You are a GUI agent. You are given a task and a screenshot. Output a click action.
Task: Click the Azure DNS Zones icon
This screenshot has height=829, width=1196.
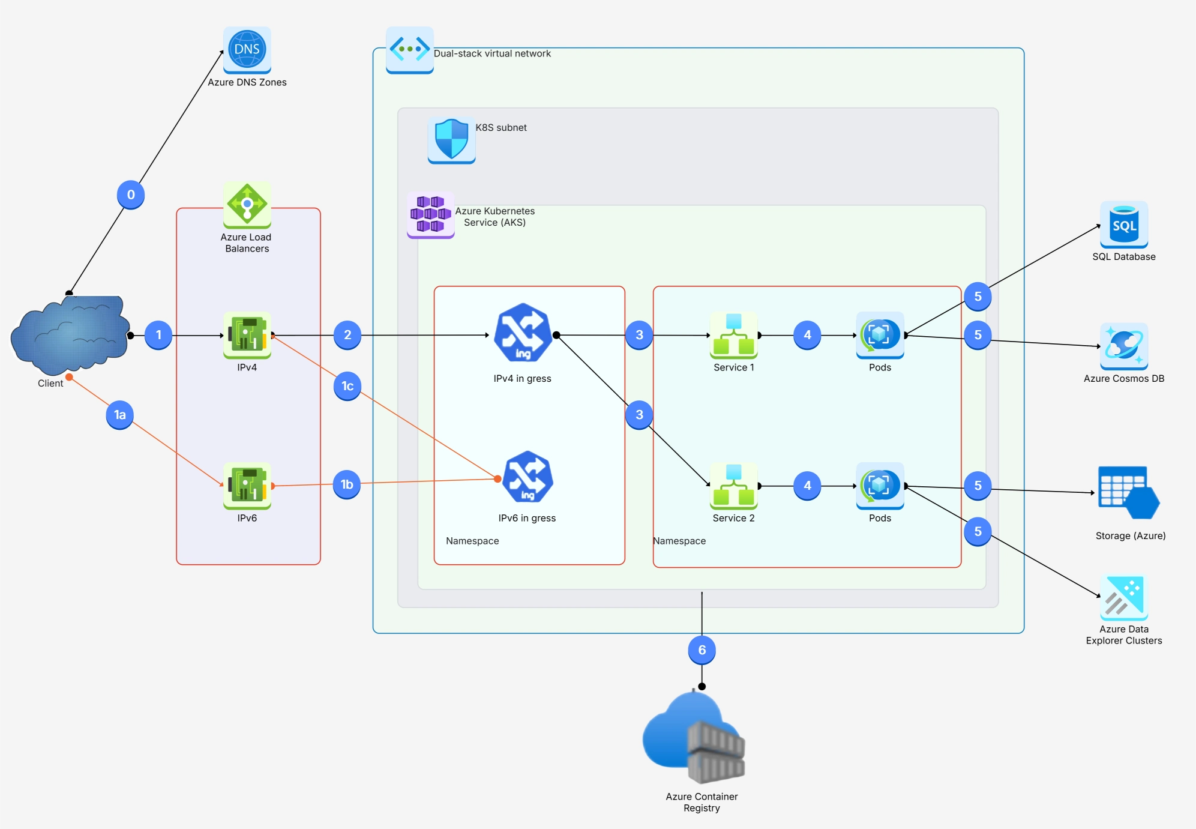click(x=247, y=50)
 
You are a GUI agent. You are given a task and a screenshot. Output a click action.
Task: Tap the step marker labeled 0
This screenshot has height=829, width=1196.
click(x=131, y=194)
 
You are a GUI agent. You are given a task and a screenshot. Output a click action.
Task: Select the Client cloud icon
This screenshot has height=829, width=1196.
click(x=70, y=333)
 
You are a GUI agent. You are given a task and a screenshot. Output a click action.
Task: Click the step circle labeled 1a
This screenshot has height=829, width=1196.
click(x=120, y=415)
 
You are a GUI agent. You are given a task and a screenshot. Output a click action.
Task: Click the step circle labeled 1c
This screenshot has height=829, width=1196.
click(x=347, y=386)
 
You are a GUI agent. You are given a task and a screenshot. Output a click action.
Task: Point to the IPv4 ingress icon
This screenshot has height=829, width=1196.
click(x=522, y=333)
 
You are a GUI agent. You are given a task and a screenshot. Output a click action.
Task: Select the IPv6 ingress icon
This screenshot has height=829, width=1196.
click(x=527, y=477)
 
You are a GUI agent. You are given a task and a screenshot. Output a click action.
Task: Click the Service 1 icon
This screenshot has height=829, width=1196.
click(x=733, y=334)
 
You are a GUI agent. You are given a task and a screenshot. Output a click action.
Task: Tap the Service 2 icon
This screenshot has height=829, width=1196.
click(x=733, y=485)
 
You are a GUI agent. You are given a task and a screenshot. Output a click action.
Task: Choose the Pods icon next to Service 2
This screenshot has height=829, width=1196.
click(x=880, y=485)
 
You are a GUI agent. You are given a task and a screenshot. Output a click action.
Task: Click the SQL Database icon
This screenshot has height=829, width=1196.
click(x=1123, y=225)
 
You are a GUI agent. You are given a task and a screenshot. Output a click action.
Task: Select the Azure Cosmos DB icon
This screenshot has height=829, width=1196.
click(x=1123, y=346)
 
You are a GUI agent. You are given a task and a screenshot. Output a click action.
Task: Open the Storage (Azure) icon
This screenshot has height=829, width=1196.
click(x=1128, y=493)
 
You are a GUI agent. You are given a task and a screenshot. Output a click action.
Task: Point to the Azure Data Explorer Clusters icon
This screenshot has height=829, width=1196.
click(x=1123, y=597)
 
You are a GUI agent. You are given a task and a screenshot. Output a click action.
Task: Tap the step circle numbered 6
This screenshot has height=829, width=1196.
click(x=702, y=650)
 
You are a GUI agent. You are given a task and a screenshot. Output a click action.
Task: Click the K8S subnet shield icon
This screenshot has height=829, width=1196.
click(x=451, y=140)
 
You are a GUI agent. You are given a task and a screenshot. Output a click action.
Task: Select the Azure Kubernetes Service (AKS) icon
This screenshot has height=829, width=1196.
click(x=430, y=214)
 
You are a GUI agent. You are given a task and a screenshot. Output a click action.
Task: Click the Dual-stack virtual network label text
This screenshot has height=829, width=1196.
click(x=492, y=53)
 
